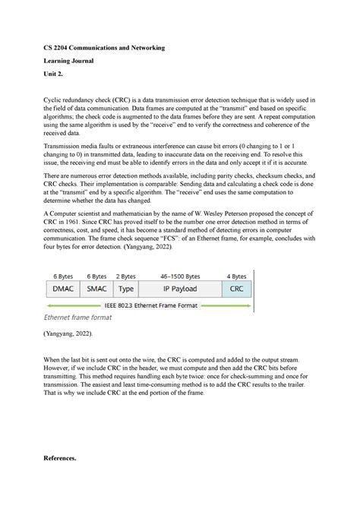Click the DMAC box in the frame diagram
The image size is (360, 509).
coord(62,289)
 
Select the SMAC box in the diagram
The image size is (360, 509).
coord(96,289)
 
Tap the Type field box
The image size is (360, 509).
coord(126,289)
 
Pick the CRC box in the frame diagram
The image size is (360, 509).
coord(236,289)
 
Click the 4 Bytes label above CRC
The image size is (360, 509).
coord(236,277)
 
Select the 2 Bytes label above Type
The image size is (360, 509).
coord(126,277)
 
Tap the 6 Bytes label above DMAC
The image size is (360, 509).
coord(62,277)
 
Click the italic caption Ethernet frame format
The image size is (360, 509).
coord(78,318)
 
